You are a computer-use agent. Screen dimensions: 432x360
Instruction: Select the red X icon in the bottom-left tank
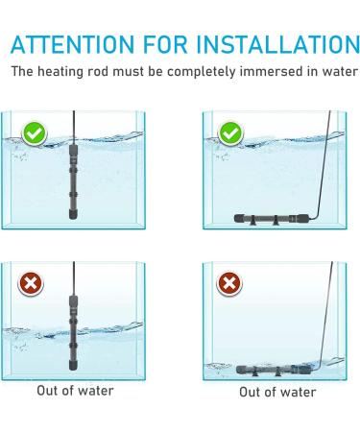(x=33, y=284)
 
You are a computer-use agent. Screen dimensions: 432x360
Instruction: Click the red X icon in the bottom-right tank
(x=229, y=284)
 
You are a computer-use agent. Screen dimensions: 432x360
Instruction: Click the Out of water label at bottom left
(x=75, y=391)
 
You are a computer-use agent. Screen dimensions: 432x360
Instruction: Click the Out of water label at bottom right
(x=277, y=392)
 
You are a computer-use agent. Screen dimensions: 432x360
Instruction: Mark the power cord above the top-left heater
(x=70, y=125)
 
